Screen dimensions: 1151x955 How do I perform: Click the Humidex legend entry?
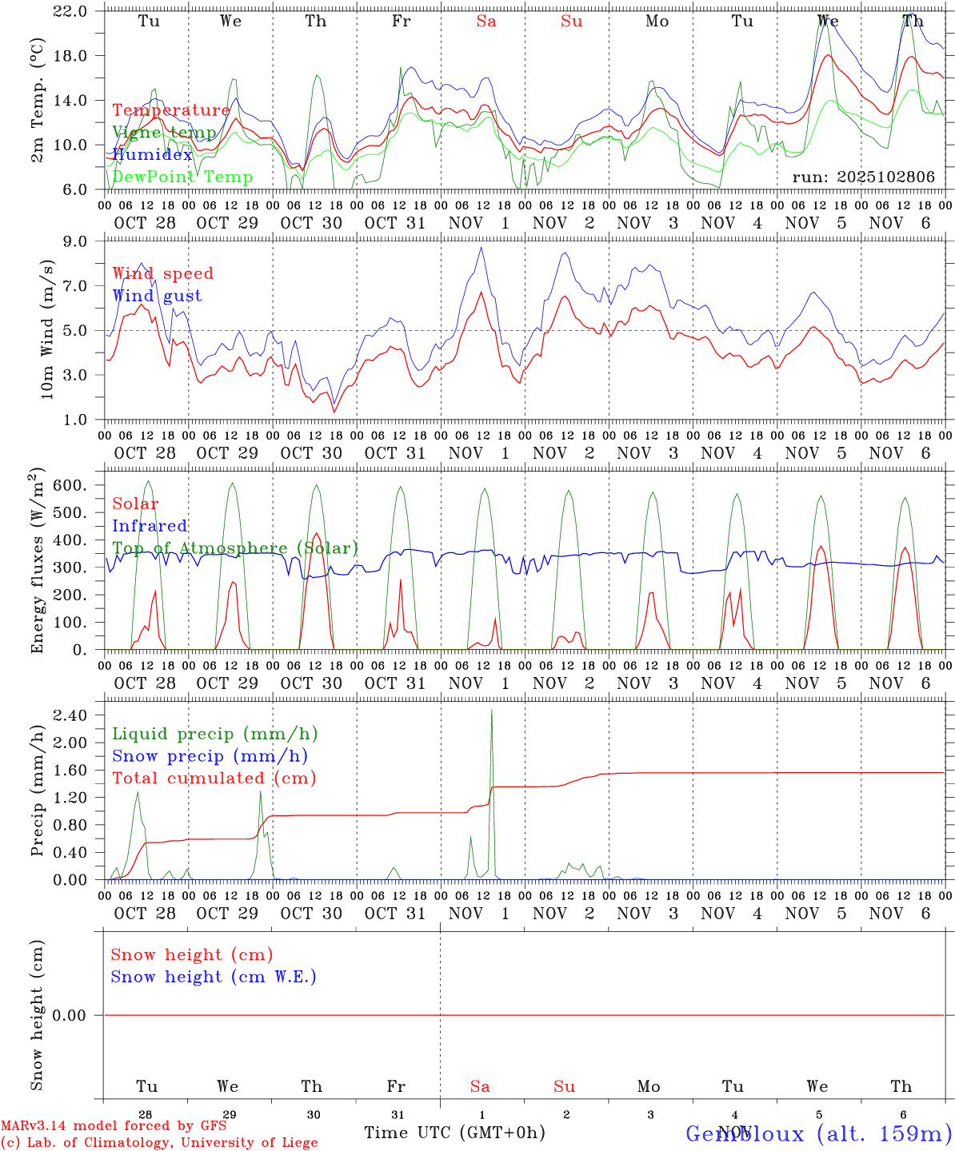click(152, 155)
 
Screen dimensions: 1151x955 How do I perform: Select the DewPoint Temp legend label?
click(182, 177)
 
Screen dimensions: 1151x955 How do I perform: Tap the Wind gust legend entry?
click(157, 296)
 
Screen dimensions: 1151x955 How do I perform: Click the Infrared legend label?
click(150, 526)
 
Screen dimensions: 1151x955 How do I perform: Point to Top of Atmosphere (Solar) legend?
click(235, 548)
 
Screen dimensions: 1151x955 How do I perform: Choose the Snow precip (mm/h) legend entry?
click(210, 756)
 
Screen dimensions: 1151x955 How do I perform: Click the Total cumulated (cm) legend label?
click(214, 778)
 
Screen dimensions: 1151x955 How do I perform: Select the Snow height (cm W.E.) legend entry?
click(214, 977)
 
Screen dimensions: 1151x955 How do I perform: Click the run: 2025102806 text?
click(863, 177)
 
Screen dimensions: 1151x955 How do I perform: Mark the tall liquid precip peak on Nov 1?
click(491, 711)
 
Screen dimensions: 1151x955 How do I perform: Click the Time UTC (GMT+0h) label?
click(454, 1133)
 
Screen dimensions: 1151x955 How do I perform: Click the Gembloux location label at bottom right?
click(818, 1133)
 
